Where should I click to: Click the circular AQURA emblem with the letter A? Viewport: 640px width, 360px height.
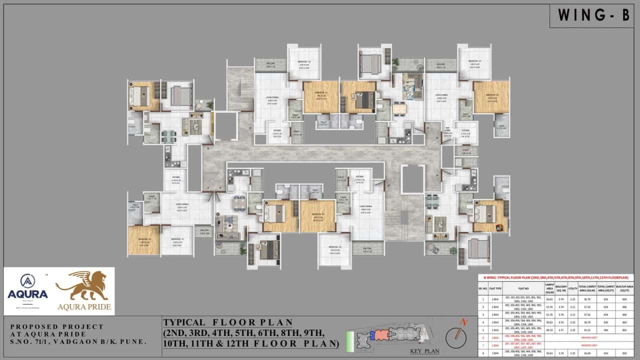[x=27, y=281]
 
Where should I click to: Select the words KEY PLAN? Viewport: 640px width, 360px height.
[x=424, y=351]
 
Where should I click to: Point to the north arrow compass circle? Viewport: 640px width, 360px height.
[x=456, y=338]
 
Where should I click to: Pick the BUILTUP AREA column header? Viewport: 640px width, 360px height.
[x=624, y=288]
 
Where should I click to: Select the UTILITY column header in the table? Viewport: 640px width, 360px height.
[x=572, y=288]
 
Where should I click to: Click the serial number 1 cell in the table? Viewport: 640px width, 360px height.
[x=482, y=299]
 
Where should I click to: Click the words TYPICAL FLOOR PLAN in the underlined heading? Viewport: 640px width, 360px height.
[x=227, y=322]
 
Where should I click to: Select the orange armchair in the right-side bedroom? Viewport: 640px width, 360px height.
[x=499, y=227]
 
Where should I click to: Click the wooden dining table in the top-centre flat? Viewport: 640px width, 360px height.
[x=399, y=108]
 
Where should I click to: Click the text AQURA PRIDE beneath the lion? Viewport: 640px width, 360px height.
[x=84, y=306]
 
